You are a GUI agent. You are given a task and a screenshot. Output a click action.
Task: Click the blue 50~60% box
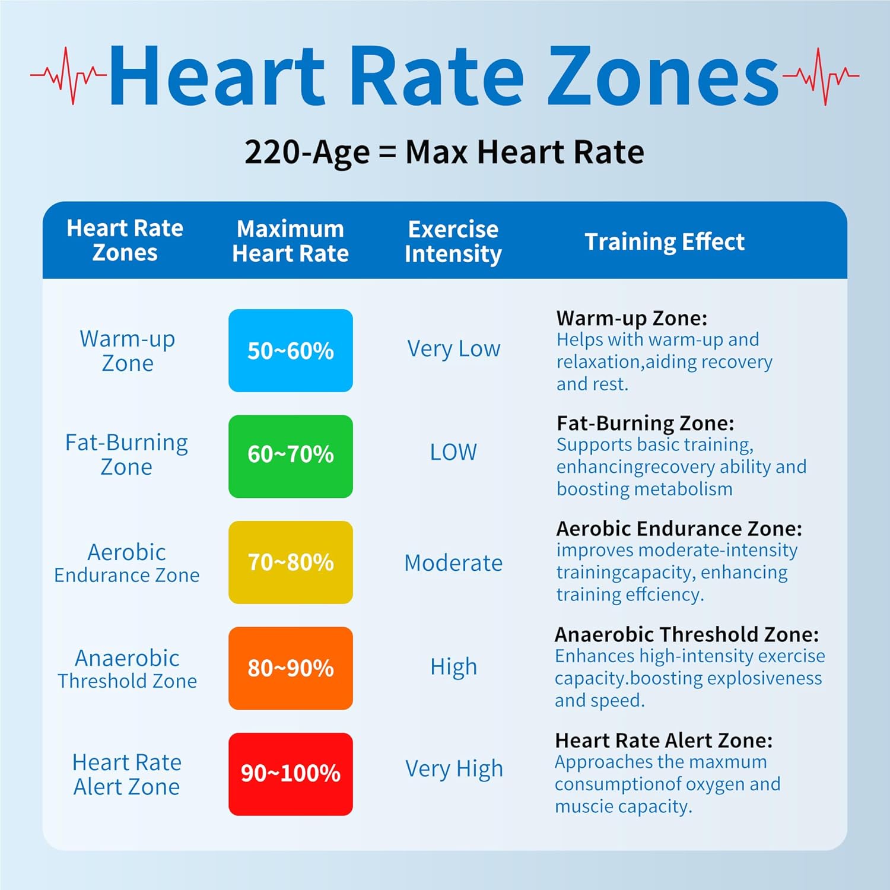pos(290,351)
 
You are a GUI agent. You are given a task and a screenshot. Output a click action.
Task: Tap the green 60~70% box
pos(290,456)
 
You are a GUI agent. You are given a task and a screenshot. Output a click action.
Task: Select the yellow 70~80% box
pos(290,562)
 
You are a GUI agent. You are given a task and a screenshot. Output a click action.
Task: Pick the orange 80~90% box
pos(290,668)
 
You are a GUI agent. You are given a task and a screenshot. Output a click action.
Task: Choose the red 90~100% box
pos(290,774)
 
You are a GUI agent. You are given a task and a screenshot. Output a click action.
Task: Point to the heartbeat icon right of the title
pos(821,76)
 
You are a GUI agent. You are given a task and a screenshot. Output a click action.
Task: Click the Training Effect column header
pos(664,241)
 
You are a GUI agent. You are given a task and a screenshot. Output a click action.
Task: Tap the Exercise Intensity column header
pos(453,241)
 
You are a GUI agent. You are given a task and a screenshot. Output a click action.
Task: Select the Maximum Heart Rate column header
pos(290,241)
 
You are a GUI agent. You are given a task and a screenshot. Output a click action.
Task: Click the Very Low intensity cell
pos(453,349)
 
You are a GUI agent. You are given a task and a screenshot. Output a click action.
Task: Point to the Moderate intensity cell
pos(453,562)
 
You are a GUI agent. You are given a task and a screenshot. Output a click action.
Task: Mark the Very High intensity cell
pos(454,769)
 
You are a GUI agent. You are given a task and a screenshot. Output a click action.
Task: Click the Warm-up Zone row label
pos(127,351)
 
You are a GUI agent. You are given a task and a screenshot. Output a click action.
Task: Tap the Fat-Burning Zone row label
pos(126,454)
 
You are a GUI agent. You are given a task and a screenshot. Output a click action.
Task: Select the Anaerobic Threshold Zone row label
pos(127,669)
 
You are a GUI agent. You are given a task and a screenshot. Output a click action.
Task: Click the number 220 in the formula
pos(272,152)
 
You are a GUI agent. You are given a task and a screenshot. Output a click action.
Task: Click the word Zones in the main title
pos(662,77)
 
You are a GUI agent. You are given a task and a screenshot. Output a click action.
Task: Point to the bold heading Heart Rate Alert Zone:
pos(663,740)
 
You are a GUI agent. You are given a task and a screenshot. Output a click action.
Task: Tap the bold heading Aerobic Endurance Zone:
pos(679,529)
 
